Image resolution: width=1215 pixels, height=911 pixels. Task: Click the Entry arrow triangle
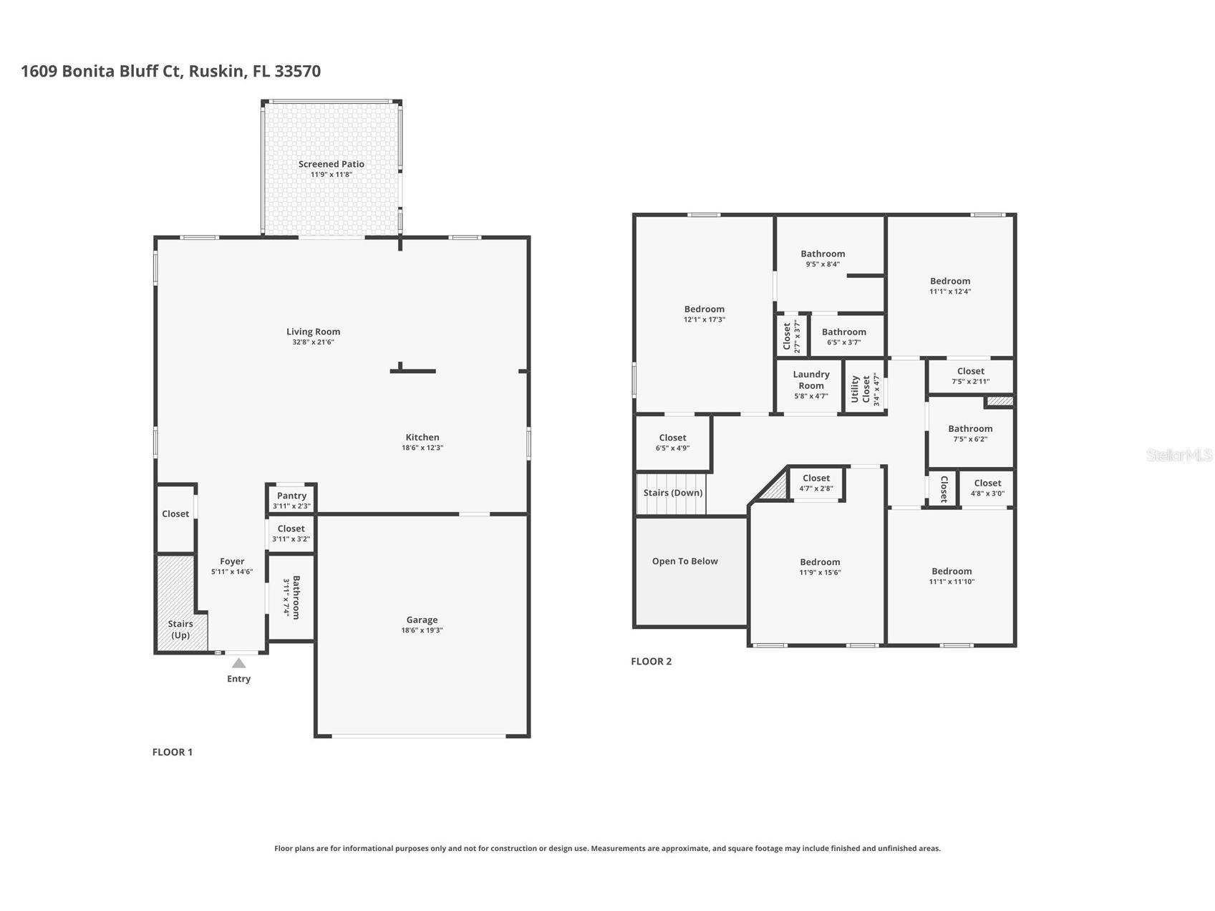tap(238, 663)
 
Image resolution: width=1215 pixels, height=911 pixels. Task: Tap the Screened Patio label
tap(331, 164)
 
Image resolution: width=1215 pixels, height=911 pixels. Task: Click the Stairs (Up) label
tap(180, 630)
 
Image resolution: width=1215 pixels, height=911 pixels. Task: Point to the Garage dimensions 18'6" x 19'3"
tap(422, 630)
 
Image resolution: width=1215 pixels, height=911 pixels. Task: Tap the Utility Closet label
tap(861, 389)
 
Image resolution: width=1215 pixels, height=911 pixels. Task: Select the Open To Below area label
tap(684, 561)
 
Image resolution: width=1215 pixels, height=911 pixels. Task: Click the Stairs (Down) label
tap(672, 493)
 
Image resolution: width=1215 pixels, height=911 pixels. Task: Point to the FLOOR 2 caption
tap(651, 661)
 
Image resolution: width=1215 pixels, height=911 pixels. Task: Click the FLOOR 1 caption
tap(172, 752)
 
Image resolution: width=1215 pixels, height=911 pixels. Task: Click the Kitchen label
tap(422, 437)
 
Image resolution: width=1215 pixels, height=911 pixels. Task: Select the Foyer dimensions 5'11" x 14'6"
tap(232, 572)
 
